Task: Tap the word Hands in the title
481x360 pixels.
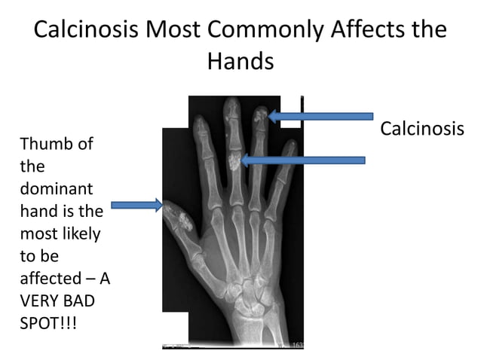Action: coord(240,61)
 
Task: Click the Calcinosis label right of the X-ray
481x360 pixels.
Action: coord(421,128)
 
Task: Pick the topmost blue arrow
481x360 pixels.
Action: coord(320,116)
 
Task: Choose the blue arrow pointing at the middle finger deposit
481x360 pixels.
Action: coord(303,160)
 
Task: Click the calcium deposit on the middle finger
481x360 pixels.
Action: coord(235,160)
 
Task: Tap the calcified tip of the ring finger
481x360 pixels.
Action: coord(260,115)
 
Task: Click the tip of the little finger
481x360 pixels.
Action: coord(290,147)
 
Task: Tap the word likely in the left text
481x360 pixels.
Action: coord(78,233)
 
